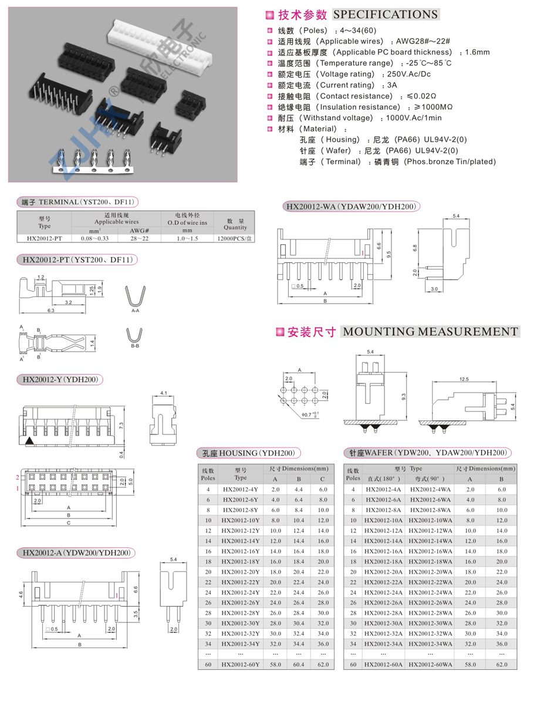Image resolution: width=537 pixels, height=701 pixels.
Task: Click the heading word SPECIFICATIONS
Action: pos(386,15)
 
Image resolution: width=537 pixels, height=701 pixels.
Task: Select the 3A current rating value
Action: pos(392,85)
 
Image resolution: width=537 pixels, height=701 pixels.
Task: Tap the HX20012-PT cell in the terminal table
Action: pos(45,238)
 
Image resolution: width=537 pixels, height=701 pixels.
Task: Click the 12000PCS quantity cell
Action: pos(235,238)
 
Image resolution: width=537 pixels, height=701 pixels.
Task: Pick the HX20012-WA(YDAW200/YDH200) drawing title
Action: pos(351,206)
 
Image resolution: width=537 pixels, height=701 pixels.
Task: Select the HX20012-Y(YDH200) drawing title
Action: pos(59,380)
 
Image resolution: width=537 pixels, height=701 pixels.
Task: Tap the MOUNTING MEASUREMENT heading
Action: pos(430,332)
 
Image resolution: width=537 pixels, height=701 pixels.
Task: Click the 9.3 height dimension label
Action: pos(404,397)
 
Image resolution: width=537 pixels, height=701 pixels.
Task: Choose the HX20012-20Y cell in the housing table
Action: pos(241,571)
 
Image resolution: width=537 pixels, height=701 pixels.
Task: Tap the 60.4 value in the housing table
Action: pos(298,664)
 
